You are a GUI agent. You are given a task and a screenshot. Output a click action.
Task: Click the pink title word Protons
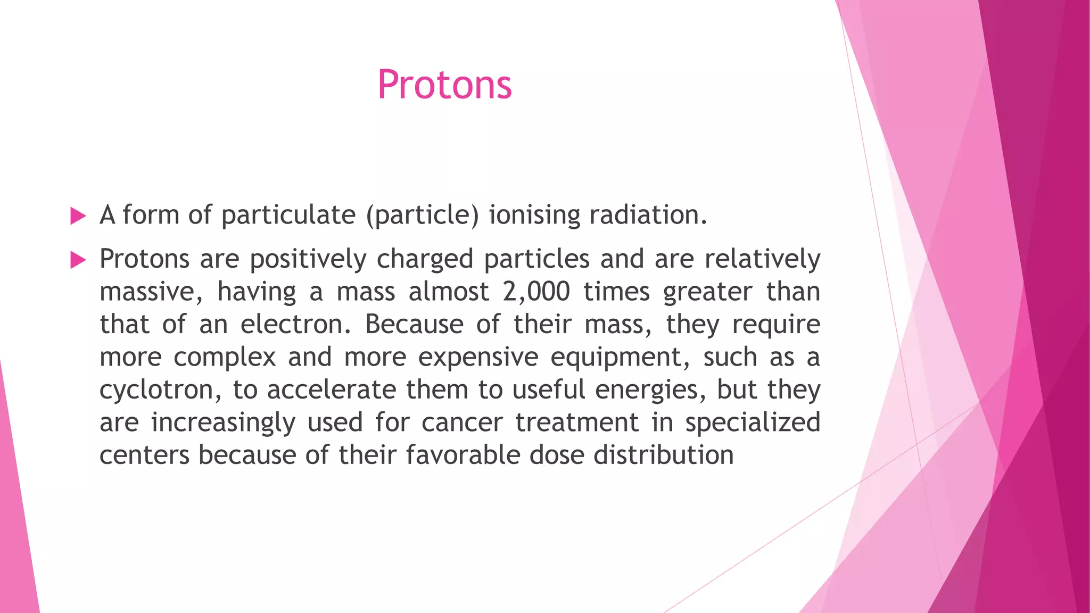pyautogui.click(x=444, y=85)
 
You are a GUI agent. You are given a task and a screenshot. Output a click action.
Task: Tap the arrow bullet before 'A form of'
pyautogui.click(x=78, y=216)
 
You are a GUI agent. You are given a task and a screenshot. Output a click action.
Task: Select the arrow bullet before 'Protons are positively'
pyautogui.click(x=78, y=260)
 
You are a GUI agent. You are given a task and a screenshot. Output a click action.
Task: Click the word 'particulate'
pyautogui.click(x=288, y=216)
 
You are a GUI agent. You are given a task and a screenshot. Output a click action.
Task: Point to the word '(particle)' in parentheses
pyautogui.click(x=422, y=216)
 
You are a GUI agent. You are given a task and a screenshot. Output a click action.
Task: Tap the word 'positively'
pyautogui.click(x=308, y=260)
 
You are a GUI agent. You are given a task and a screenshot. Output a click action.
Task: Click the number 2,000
pyautogui.click(x=536, y=292)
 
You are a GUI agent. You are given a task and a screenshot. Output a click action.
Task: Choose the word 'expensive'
pyautogui.click(x=478, y=357)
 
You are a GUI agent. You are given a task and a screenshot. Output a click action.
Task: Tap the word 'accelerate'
pyautogui.click(x=331, y=390)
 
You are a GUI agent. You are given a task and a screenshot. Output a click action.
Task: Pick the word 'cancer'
pyautogui.click(x=461, y=423)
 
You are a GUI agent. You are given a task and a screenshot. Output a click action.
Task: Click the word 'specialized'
pyautogui.click(x=752, y=423)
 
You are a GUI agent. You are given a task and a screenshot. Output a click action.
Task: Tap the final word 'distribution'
pyautogui.click(x=663, y=455)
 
